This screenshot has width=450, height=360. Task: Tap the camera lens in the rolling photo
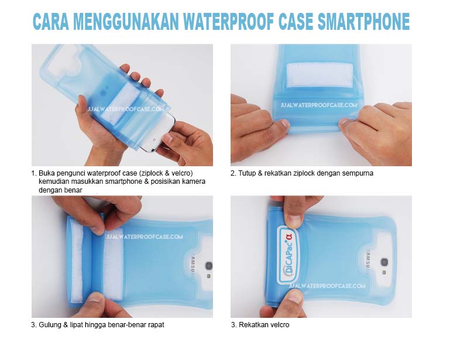[208, 265]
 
